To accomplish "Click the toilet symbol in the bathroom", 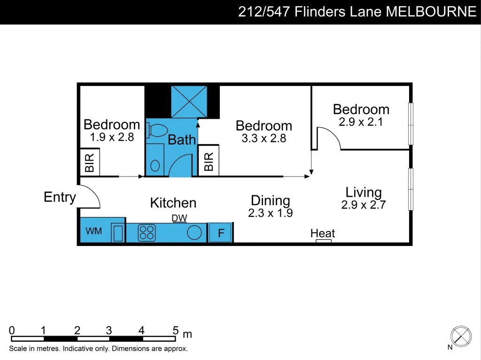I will point(153,130).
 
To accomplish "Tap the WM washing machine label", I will point(93,231).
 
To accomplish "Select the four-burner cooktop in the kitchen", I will point(147,233).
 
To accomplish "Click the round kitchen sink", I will point(194,233).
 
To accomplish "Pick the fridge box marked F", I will point(220,233).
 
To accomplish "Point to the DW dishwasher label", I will point(179,218).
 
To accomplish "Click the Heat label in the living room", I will point(323,233).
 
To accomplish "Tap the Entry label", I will point(60,197).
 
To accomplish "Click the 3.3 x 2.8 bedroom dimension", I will point(264,138).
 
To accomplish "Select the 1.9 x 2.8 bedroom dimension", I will point(112,137).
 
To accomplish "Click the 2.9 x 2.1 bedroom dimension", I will point(361,122).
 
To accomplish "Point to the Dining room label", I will point(270,201).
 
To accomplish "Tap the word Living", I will point(364,192).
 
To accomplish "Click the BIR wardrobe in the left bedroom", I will point(89,162).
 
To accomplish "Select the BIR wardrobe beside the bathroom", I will point(209,161).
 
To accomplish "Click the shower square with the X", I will point(189,101).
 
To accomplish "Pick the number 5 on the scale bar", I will point(175,330).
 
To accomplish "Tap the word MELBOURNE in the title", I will point(431,12).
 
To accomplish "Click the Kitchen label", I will point(173,203).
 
